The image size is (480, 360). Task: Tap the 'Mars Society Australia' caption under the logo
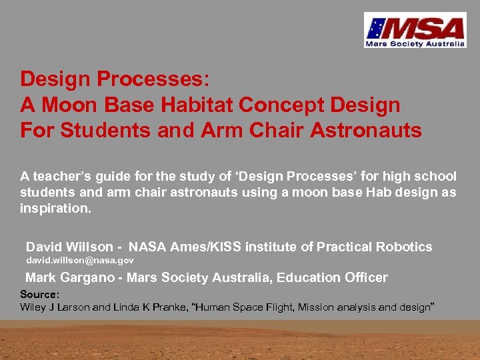tap(414, 44)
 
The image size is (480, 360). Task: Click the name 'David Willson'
tap(69, 247)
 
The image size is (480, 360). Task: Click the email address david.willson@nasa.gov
tap(79, 261)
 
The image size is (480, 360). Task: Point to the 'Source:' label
tap(40, 294)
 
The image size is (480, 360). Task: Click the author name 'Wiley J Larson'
tap(56, 307)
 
